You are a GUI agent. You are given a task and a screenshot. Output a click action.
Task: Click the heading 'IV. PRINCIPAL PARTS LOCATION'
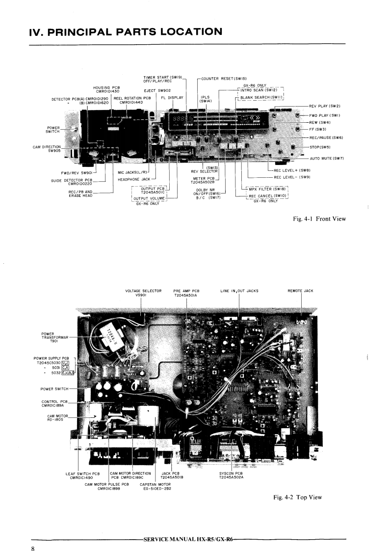126,32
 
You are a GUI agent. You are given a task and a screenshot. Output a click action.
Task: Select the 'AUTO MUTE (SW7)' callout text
327,158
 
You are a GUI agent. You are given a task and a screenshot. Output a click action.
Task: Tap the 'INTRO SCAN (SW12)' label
259,90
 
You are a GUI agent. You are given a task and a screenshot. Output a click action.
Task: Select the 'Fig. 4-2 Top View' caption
297,497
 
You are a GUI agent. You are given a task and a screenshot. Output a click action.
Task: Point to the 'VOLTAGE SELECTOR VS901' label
141,293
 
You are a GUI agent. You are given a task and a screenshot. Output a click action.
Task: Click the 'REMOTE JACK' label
300,291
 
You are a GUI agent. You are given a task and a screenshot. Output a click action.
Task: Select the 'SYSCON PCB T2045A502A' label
232,475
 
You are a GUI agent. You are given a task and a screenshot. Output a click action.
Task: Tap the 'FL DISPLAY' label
172,98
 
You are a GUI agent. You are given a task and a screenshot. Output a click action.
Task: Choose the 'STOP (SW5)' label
321,147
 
